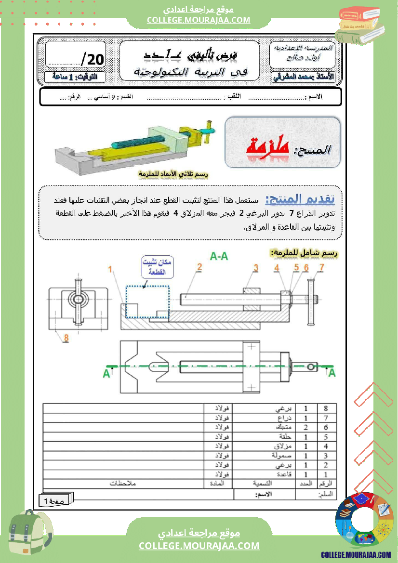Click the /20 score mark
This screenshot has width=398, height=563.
(x=92, y=59)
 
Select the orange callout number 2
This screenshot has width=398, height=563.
(x=199, y=266)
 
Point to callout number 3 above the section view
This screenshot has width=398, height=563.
(x=256, y=267)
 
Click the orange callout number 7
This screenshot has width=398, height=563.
(x=321, y=267)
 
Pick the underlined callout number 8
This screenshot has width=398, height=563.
(x=66, y=338)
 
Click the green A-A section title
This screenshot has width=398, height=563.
(x=219, y=257)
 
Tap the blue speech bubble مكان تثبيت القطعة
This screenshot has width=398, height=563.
(x=158, y=267)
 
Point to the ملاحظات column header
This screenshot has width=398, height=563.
(x=124, y=483)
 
